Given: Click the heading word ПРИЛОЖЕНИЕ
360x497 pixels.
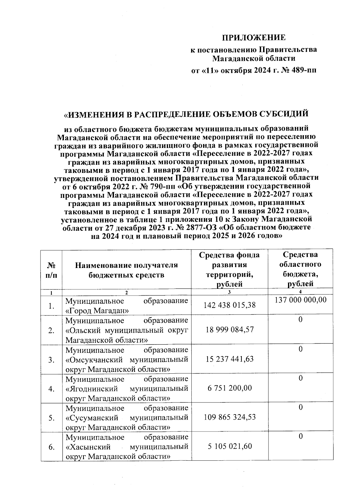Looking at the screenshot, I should coord(253,38).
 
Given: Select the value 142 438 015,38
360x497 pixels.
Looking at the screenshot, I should coord(229,305).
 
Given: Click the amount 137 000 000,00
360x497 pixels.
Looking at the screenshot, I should coord(301,300).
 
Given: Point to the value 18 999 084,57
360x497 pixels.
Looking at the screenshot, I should coord(229,330).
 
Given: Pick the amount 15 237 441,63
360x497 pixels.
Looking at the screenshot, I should coord(229,359).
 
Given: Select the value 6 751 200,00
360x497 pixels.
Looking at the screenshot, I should coord(229,388).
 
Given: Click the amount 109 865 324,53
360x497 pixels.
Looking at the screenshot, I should coord(229,417).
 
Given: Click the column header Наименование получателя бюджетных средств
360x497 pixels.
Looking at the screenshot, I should coord(126,270).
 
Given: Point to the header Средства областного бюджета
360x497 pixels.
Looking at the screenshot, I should coord(300,269).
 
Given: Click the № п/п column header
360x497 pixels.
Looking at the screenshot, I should coord(51,270).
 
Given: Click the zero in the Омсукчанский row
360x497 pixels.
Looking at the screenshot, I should coord(300,349).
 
